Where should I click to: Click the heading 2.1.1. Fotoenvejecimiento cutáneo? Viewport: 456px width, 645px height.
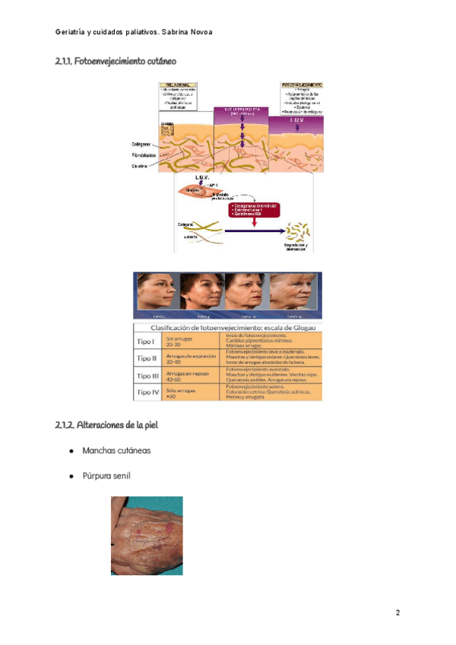pyautogui.click(x=119, y=60)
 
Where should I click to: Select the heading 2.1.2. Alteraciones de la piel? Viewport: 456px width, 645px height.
pyautogui.click(x=106, y=424)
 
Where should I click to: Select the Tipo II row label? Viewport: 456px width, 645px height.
pyautogui.click(x=146, y=358)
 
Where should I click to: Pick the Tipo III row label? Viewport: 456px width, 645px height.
pyautogui.click(x=147, y=376)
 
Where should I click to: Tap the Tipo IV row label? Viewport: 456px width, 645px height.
pyautogui.click(x=147, y=392)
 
